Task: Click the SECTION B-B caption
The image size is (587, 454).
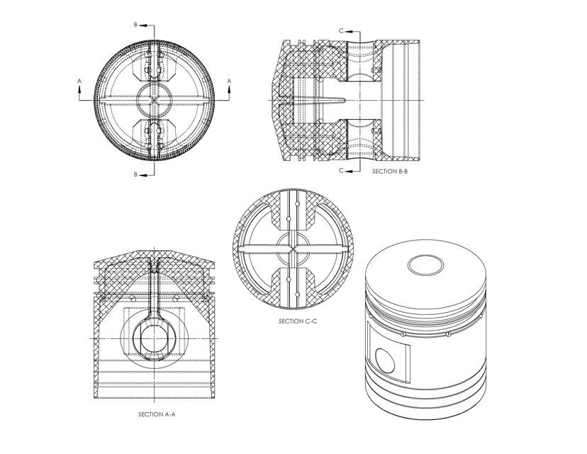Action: [389, 172]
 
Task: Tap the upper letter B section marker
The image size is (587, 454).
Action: [135, 25]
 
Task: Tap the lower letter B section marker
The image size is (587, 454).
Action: [135, 174]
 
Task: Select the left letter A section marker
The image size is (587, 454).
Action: [79, 82]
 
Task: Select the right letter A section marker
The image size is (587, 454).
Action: [229, 82]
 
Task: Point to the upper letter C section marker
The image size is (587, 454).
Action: [341, 31]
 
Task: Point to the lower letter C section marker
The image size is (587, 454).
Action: [341, 171]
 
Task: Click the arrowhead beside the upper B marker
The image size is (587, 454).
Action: [143, 26]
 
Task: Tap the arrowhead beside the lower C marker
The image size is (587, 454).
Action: [349, 171]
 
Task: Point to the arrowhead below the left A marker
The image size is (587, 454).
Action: [79, 89]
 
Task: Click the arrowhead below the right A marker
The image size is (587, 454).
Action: [229, 89]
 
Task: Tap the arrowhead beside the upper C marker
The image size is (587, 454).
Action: [349, 31]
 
